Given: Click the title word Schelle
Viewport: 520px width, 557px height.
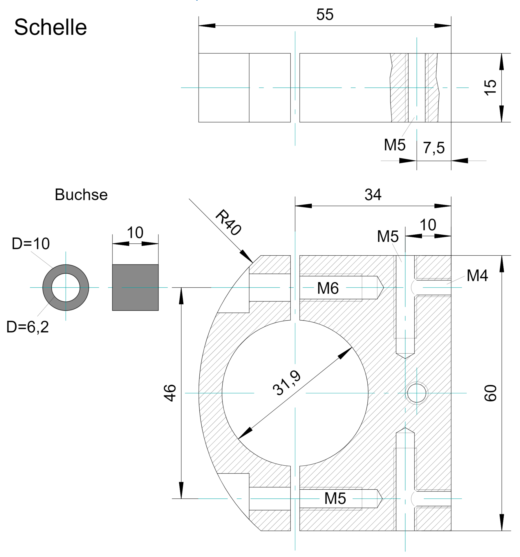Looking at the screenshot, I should (50, 27).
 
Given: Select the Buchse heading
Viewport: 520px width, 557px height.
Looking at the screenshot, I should (81, 195).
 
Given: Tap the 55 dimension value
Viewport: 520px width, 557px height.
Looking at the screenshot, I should (325, 15).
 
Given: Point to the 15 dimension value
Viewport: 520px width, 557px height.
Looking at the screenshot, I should (490, 87).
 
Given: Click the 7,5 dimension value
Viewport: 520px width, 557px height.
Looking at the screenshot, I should (434, 148).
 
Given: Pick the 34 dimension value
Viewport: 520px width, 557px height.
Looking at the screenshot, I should (373, 195).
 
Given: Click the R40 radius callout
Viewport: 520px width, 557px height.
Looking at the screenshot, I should (228, 223).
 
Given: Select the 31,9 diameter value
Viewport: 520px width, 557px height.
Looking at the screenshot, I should (287, 383).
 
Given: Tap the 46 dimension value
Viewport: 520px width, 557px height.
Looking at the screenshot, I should (170, 393).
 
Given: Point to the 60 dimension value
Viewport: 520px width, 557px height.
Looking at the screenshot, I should (490, 393).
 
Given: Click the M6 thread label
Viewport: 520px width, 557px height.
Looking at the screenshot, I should (328, 288).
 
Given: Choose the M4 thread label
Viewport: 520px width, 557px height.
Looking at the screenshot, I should (477, 276).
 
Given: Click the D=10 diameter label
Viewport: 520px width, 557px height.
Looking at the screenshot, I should (31, 244).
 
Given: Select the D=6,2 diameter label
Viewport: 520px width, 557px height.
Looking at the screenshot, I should (28, 327).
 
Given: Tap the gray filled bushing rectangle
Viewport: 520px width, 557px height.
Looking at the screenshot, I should (135, 287).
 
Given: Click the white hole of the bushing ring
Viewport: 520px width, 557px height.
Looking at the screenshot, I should (66, 287).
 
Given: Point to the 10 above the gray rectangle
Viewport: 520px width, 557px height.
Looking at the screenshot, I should (135, 233).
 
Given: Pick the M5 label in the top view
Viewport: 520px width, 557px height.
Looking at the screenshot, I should (395, 145).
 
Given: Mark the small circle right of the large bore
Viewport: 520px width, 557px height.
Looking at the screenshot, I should (417, 393).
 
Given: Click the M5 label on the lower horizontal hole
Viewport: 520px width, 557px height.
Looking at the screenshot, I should (335, 498).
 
